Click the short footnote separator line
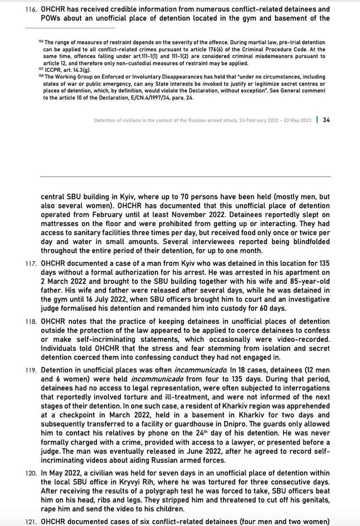(x=70, y=28)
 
